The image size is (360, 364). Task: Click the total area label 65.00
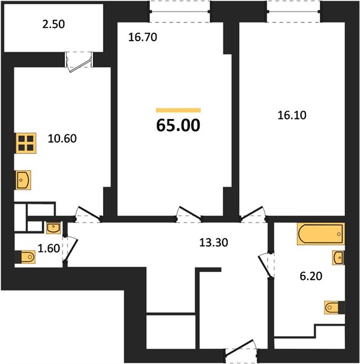click(178, 125)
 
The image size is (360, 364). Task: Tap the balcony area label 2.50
click(53, 24)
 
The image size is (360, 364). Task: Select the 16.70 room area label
click(143, 38)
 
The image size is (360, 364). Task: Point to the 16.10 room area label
click(292, 115)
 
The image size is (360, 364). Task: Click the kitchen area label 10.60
click(63, 138)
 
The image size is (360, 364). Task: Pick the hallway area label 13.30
click(214, 243)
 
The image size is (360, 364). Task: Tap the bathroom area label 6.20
click(311, 276)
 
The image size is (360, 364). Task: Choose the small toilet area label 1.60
click(49, 248)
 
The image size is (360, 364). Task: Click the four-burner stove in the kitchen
click(26, 143)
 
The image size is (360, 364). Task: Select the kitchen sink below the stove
click(23, 180)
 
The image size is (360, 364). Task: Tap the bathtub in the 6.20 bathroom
click(321, 234)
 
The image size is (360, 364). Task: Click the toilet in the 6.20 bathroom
click(335, 308)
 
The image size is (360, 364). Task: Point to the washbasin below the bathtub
click(338, 258)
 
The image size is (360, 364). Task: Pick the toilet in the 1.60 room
click(25, 257)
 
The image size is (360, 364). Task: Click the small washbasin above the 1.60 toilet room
click(53, 227)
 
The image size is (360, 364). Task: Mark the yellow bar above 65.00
click(178, 110)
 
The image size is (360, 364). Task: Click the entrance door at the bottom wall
click(242, 351)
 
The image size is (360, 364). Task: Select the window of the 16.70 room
click(180, 12)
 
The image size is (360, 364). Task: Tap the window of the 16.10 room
click(294, 12)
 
